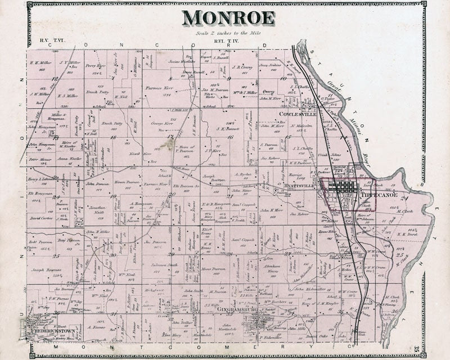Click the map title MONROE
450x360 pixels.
[x=228, y=17]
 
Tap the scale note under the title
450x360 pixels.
[x=229, y=33]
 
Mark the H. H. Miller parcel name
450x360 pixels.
[x=41, y=63]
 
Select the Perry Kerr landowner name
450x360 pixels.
[x=92, y=66]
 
